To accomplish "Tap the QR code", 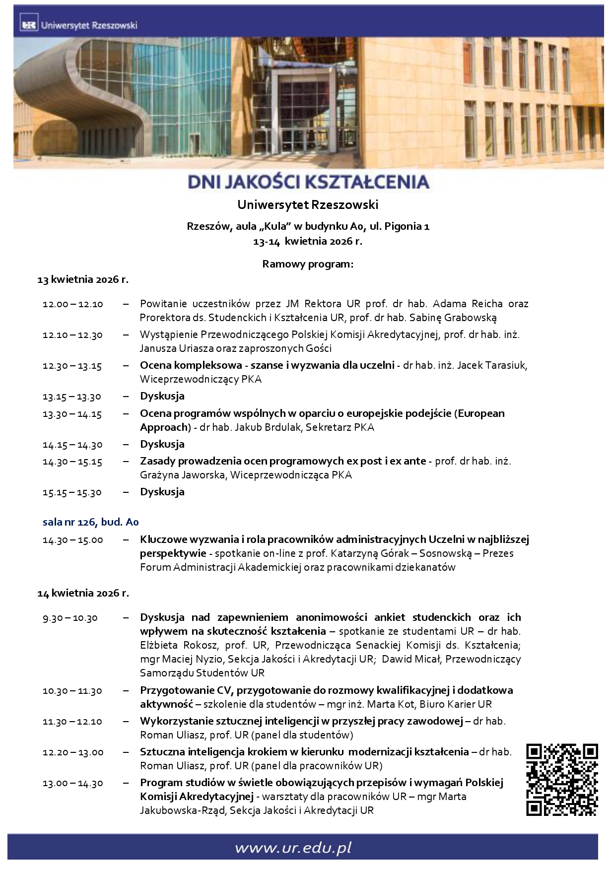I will click(x=561, y=779).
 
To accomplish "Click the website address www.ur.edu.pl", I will click(x=293, y=848).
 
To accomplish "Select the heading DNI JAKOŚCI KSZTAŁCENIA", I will click(x=308, y=182).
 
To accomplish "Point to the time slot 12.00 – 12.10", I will click(x=73, y=304).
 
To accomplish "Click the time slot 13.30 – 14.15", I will click(x=72, y=414).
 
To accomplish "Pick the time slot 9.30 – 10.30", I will click(x=70, y=618).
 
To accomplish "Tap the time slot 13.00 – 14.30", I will click(x=73, y=783).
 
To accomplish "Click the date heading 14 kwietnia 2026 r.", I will click(x=83, y=593).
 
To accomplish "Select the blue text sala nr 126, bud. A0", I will click(x=90, y=522).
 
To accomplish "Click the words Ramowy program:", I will click(x=308, y=264).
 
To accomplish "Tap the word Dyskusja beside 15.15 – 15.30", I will click(x=162, y=492).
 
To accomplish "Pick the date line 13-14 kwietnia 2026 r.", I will click(x=308, y=242).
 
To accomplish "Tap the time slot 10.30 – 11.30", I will click(x=72, y=691).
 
